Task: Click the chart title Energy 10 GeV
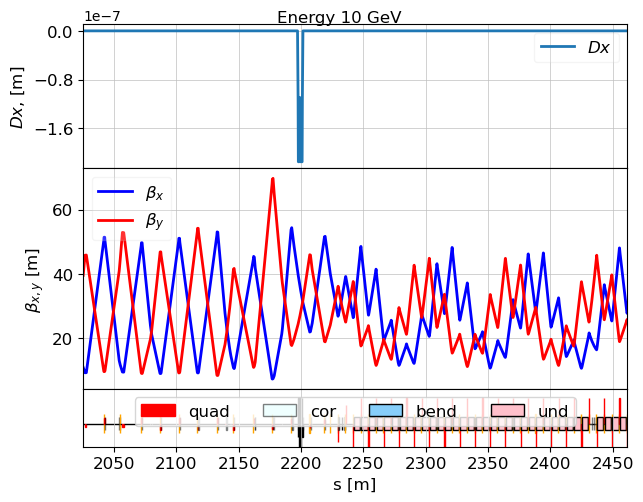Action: pos(339,17)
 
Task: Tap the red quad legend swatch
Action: pos(158,411)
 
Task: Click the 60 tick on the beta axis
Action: pos(63,210)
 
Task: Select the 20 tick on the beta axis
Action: pos(63,339)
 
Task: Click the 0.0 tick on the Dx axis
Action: pos(60,32)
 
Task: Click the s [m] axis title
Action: pos(354,485)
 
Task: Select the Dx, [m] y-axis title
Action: pos(17,97)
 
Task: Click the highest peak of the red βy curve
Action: pos(272,179)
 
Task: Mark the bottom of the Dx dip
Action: pos(300,160)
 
